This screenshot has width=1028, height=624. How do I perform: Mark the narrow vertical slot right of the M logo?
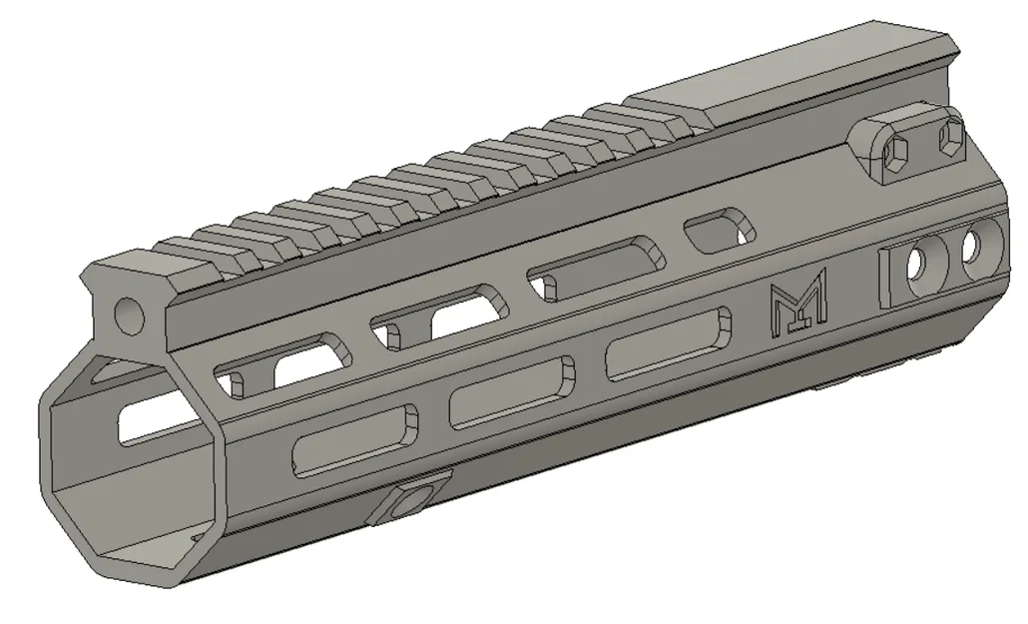pyautogui.click(x=885, y=279)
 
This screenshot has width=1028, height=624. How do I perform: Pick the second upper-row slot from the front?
pyautogui.click(x=439, y=312)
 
